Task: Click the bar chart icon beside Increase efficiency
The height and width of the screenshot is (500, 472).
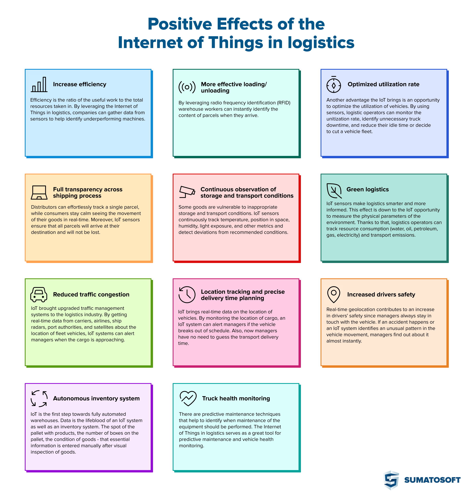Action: (x=39, y=84)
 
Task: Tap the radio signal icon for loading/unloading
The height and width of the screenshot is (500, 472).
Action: (x=187, y=87)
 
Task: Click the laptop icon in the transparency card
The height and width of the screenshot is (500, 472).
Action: (x=39, y=193)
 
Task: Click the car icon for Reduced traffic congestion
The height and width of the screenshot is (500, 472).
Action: (x=39, y=294)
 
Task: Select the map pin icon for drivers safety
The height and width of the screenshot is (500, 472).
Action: (x=334, y=294)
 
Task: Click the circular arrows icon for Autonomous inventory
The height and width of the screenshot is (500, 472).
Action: (x=39, y=398)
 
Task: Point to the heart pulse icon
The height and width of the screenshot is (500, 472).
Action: (x=188, y=398)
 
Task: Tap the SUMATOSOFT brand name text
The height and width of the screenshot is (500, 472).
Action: (x=432, y=480)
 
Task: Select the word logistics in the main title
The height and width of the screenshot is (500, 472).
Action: (x=321, y=43)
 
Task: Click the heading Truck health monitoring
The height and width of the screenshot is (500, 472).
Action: (x=236, y=398)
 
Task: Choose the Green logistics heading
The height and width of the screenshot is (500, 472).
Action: (x=367, y=189)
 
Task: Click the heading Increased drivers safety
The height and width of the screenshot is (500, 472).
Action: (x=381, y=294)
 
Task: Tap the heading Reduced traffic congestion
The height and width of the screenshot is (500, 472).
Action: (x=91, y=294)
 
